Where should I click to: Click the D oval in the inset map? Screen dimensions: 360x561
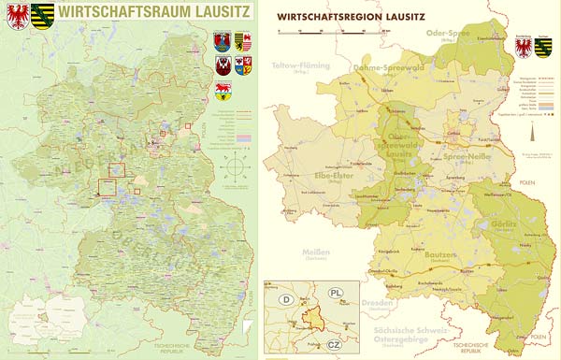(x=285, y=300)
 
